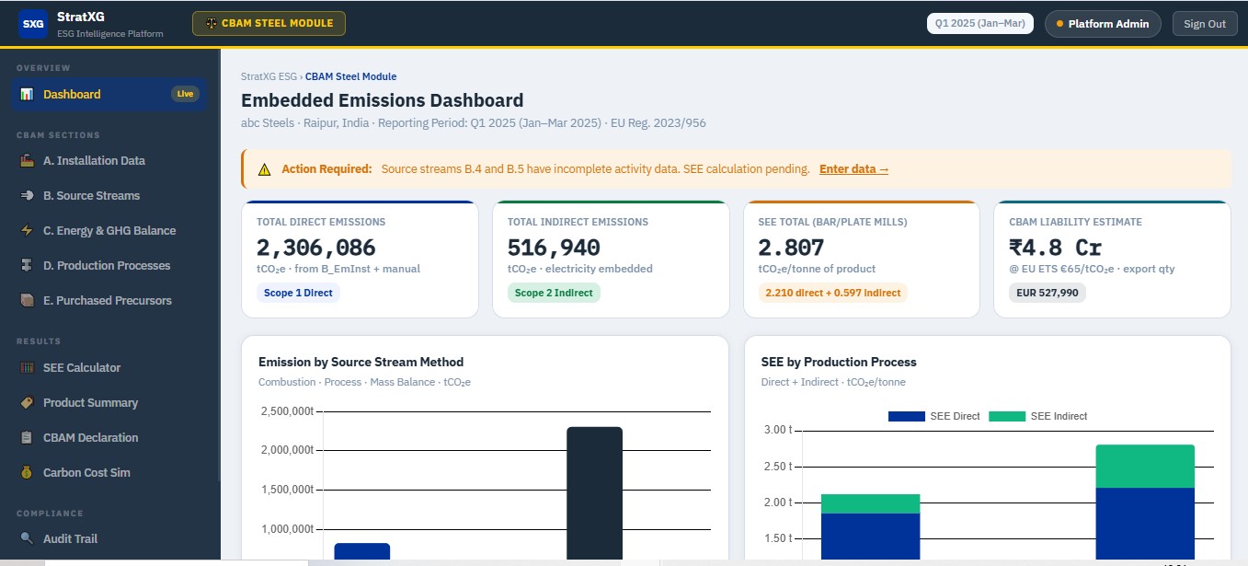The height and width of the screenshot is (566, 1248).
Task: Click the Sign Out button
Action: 1204,24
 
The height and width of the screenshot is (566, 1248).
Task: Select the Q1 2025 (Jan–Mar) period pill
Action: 979,23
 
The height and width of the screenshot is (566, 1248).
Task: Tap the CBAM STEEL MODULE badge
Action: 269,23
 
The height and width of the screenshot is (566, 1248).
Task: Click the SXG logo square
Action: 33,24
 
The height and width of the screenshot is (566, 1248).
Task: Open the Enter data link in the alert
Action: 853,169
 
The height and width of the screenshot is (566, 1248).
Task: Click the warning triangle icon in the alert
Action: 264,169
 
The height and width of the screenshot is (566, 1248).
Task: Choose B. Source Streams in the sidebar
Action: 91,196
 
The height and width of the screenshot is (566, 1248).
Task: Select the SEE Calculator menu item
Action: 81,367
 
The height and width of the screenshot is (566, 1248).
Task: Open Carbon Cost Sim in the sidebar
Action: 86,472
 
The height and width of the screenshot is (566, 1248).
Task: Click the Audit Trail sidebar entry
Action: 70,538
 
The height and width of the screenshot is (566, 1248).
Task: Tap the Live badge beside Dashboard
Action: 185,94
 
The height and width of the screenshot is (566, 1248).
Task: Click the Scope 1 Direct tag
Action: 298,293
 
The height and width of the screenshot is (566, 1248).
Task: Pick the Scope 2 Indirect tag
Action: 554,293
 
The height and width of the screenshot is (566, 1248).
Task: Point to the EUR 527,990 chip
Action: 1047,293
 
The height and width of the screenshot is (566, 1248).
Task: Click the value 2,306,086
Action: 315,248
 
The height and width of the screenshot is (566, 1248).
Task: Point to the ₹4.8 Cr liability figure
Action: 1055,248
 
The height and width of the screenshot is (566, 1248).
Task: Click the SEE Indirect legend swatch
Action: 1007,417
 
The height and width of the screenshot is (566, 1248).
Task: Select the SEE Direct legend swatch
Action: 907,417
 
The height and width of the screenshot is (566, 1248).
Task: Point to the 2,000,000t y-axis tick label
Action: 288,450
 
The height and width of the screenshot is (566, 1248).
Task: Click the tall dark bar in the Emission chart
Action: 594,493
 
